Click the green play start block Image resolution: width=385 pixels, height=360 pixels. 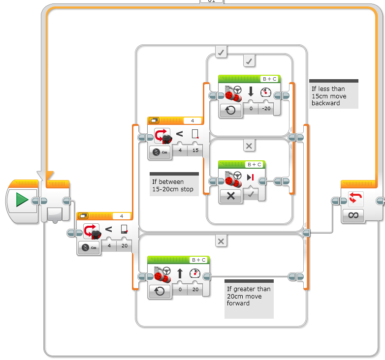pos(22,200)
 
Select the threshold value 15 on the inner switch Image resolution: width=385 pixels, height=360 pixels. pos(195,151)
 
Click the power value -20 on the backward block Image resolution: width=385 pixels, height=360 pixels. pos(266,108)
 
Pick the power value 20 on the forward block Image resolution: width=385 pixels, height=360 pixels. pos(195,290)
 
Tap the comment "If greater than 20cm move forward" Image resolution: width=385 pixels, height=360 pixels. pos(248,296)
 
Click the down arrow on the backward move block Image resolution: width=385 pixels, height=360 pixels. pos(250,91)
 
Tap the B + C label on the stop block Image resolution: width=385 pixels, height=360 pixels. pos(255,164)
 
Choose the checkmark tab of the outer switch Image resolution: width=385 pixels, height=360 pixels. pos(221,52)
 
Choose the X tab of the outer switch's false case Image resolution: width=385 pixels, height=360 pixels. pos(221,241)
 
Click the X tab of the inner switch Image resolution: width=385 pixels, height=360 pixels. pos(249,146)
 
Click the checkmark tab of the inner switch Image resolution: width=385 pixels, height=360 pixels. pos(249,61)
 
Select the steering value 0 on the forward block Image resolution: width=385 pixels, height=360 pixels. pos(180,290)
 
